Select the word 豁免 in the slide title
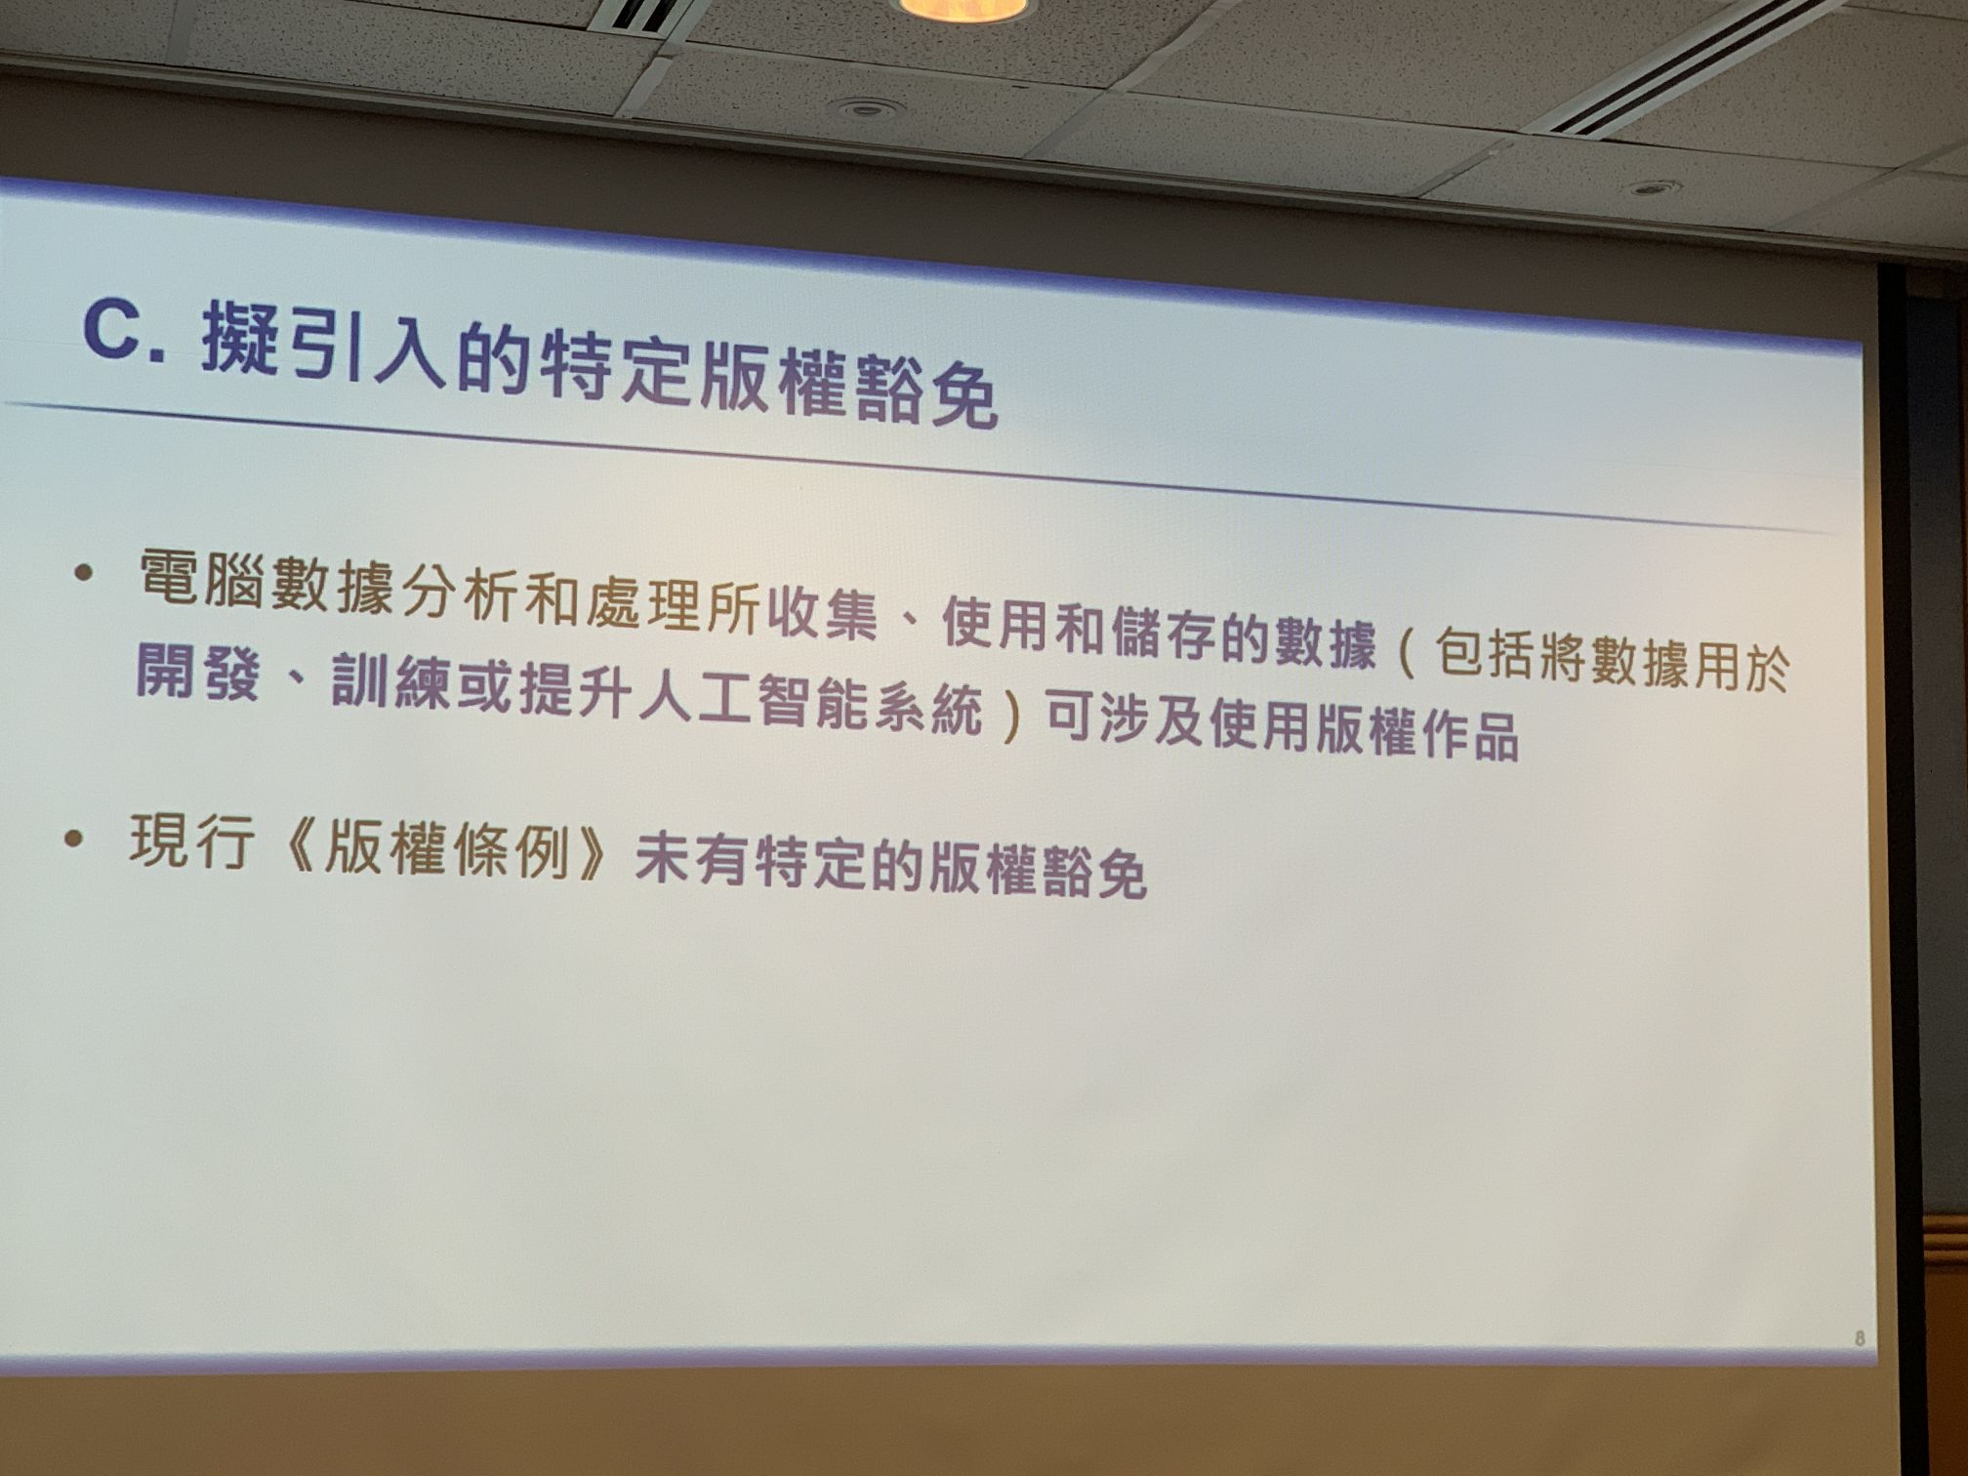(x=923, y=389)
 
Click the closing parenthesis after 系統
(x=1011, y=711)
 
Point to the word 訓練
(x=391, y=681)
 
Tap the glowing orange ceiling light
(x=963, y=9)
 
